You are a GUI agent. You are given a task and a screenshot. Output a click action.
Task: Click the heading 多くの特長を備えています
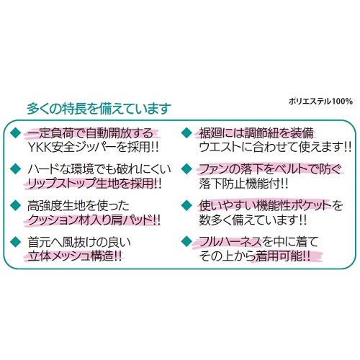tap(99, 109)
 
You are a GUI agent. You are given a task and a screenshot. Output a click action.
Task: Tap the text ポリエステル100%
tap(320, 101)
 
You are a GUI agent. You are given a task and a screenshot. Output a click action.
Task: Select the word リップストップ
tap(61, 184)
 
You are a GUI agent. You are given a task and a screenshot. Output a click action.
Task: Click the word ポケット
tap(303, 206)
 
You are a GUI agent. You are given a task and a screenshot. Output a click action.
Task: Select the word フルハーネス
tap(230, 242)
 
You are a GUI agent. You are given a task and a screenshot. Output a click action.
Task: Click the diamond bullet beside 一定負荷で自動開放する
tap(17, 132)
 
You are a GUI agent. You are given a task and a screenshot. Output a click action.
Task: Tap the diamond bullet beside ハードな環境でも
tap(17, 168)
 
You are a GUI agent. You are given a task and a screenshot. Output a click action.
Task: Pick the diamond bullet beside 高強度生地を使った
tap(17, 205)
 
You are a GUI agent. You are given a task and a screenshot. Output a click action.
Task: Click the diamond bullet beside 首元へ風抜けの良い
tap(17, 241)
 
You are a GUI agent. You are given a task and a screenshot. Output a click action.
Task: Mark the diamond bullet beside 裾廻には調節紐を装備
tap(186, 132)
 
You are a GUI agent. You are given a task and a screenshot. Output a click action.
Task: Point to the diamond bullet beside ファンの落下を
tap(186, 168)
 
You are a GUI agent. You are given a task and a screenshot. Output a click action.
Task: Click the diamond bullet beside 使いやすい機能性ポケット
tap(186, 205)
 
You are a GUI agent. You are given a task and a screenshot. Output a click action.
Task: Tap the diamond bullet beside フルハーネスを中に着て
tap(186, 241)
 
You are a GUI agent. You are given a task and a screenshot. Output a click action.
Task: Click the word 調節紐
tap(261, 132)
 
